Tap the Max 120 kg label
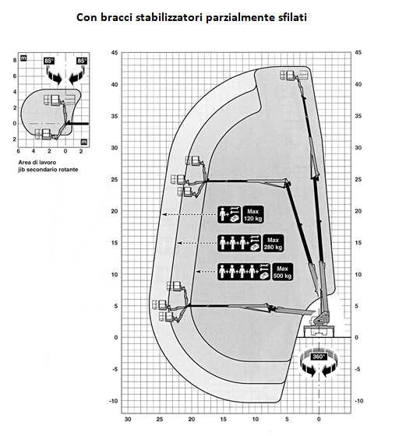[253, 215]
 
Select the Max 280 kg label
[273, 243]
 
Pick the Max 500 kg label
[282, 272]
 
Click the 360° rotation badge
[318, 357]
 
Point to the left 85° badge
[48, 61]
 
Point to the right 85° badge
[82, 61]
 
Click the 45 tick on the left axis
[115, 53]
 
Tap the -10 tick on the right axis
[359, 401]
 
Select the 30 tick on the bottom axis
[128, 419]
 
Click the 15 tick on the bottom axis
[224, 419]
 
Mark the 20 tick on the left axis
[115, 211]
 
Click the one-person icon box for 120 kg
[229, 215]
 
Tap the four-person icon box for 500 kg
[244, 272]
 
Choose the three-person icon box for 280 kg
[239, 243]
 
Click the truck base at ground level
[319, 330]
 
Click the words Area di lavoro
[37, 163]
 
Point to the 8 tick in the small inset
[15, 60]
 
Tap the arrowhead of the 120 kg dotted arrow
[164, 214]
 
